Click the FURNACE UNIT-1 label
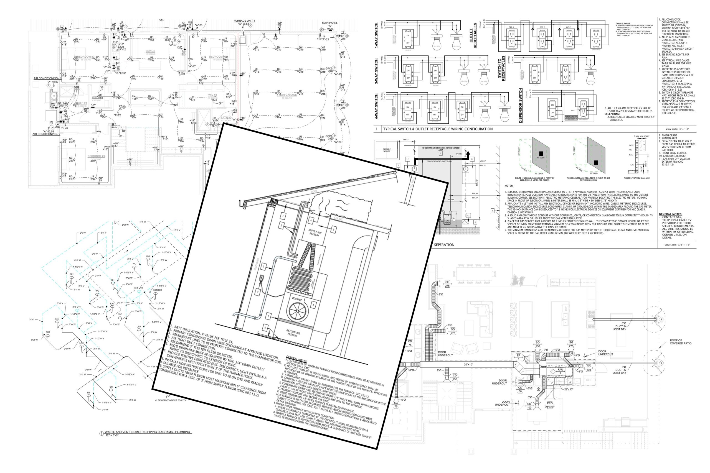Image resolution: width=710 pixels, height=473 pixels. [244, 21]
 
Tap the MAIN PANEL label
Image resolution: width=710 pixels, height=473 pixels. [330, 23]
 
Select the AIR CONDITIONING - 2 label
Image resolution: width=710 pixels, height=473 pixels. [47, 134]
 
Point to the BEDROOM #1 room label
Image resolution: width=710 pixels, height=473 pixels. [96, 156]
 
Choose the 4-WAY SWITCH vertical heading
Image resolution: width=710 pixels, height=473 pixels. [376, 106]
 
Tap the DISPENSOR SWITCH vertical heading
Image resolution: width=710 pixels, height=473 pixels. [520, 105]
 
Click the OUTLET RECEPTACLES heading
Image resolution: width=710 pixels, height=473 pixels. [473, 35]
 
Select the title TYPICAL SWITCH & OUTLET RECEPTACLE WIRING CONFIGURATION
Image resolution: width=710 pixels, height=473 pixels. [438, 129]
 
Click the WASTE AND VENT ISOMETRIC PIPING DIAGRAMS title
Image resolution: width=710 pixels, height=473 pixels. [147, 432]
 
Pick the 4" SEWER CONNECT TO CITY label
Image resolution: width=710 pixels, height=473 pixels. [171, 400]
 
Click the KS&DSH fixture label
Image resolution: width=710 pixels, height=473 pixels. [157, 290]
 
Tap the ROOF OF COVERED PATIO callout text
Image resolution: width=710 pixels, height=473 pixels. [680, 342]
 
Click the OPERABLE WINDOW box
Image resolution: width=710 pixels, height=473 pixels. [387, 150]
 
